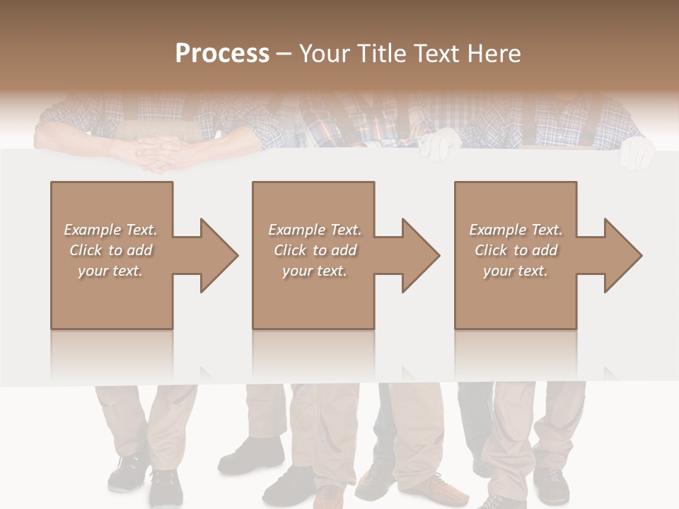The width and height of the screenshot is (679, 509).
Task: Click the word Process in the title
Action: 222,54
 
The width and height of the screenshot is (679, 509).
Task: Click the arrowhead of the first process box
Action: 220,255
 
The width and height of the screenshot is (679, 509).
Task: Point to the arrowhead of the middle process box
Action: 422,255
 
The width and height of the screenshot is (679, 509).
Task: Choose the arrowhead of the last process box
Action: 624,255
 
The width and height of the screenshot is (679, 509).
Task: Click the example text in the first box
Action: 111,250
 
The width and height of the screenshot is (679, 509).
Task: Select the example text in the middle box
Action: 314,250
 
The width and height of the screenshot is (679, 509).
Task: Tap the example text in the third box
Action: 516,250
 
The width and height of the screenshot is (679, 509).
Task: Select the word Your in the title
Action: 324,54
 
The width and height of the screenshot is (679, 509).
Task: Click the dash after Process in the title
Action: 284,54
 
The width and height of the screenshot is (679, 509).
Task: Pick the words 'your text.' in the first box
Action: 110,271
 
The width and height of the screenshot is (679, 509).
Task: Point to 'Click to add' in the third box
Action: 516,250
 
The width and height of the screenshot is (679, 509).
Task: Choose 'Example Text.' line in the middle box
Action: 314,230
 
